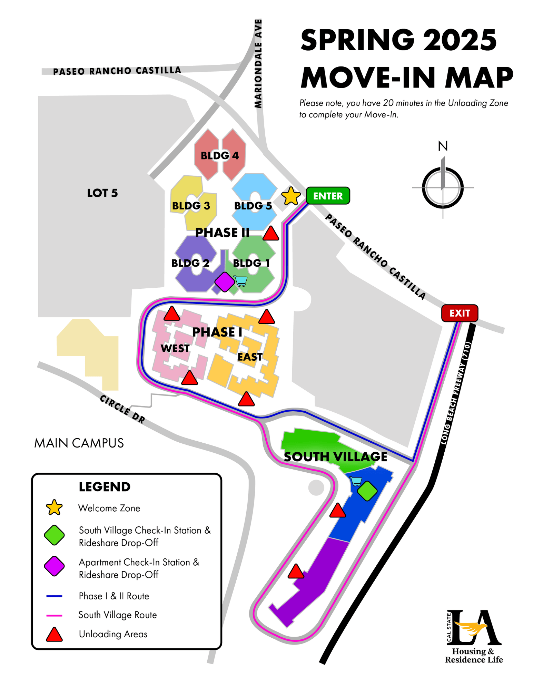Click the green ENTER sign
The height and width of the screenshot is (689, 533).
(x=327, y=196)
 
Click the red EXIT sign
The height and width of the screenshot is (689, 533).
(x=459, y=313)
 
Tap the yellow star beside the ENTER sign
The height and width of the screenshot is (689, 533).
(x=291, y=196)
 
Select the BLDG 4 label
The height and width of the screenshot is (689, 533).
(x=219, y=156)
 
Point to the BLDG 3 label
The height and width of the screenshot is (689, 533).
(x=191, y=206)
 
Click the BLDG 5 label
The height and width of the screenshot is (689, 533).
(x=253, y=206)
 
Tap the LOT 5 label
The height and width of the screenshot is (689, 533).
(x=102, y=193)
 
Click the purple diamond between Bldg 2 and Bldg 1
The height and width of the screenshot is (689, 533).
(x=225, y=282)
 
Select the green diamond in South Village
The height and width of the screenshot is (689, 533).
(x=367, y=491)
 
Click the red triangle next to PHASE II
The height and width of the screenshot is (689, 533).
(x=270, y=234)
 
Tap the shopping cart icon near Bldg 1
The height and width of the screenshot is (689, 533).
(x=240, y=281)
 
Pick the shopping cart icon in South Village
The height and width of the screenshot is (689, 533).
(x=355, y=481)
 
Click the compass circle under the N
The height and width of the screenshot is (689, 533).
(x=443, y=188)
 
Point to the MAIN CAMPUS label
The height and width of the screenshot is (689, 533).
(x=79, y=443)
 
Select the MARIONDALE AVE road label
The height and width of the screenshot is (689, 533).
(x=258, y=64)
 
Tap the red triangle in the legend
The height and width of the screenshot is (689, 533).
(x=54, y=635)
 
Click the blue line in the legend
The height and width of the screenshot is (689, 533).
(x=54, y=596)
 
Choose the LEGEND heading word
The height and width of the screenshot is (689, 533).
(x=105, y=487)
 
